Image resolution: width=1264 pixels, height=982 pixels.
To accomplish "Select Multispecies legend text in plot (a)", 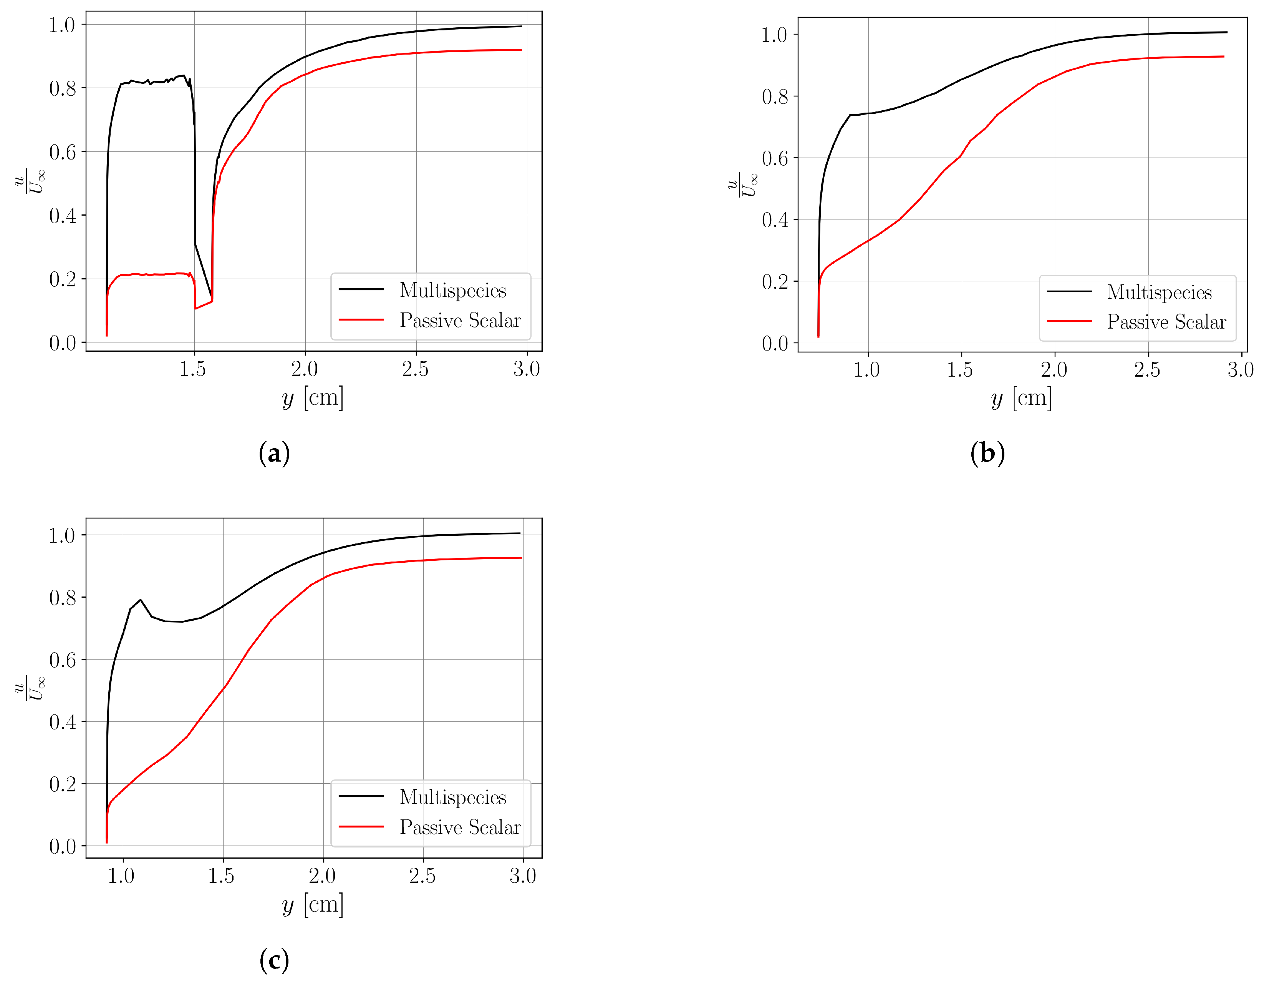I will pos(452,290).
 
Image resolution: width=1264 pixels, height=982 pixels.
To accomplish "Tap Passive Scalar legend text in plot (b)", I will pos(1166,322).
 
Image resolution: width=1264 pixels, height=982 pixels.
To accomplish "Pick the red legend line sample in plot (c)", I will pos(361,827).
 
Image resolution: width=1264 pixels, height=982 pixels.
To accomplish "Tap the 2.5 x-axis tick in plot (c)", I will pos(422,876).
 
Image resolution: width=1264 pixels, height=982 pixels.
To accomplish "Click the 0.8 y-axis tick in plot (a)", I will pos(63,88).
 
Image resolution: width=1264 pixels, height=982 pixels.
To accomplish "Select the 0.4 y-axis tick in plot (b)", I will pos(775,220).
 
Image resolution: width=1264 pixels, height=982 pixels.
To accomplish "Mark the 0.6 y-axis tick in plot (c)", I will pos(63,660).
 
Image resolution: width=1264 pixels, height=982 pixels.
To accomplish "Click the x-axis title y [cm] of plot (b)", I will pos(1021,398).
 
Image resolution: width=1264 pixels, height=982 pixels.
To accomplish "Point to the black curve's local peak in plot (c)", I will pos(140,600).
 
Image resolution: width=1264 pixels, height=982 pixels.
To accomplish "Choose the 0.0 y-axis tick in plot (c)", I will pos(63,846).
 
